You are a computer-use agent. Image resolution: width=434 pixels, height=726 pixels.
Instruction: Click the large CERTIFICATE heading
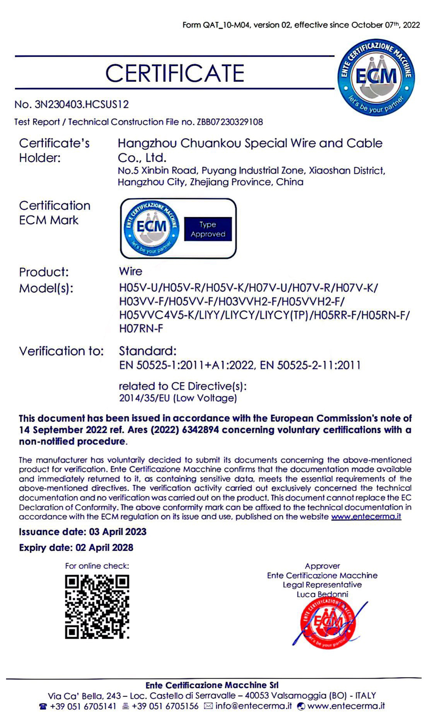coord(175,73)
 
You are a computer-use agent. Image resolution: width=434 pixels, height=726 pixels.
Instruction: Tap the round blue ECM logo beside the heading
coord(376,77)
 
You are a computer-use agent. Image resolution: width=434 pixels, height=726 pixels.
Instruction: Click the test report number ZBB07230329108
coord(230,122)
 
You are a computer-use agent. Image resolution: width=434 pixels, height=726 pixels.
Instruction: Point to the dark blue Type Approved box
coord(208,229)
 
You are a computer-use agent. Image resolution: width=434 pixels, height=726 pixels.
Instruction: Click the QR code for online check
coord(97,607)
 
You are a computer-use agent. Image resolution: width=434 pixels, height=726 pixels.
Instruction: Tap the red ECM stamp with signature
coord(328,622)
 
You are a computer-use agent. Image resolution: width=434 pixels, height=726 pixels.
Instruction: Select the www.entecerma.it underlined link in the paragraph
coord(366,516)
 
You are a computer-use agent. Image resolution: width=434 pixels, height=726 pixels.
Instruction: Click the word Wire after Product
coord(131,271)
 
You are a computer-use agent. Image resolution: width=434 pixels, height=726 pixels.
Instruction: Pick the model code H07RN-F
coord(141,329)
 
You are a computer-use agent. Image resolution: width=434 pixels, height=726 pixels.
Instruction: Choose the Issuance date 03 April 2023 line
coord(82,532)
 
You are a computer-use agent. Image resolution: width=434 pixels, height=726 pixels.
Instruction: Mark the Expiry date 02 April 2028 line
coord(76,548)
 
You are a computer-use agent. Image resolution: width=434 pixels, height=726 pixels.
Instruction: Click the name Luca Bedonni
coord(322,594)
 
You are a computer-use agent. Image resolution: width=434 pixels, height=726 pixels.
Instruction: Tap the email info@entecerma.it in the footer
coord(253,706)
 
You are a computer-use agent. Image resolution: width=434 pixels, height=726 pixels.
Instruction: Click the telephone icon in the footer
coord(43,706)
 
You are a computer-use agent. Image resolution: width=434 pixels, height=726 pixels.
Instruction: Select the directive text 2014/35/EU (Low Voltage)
coord(178,398)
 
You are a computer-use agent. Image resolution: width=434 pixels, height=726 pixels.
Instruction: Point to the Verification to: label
coord(61,351)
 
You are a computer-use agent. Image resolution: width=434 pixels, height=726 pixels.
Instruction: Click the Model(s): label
coord(46,288)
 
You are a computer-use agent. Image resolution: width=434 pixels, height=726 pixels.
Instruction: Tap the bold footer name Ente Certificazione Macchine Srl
coord(212,685)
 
